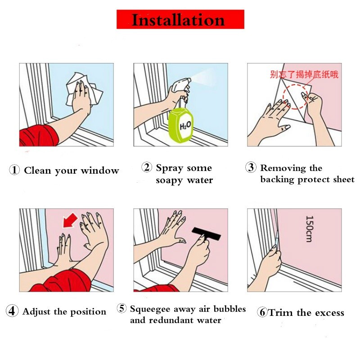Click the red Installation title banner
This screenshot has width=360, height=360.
coord(180,19)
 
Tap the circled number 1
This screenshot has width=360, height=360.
coord(14,170)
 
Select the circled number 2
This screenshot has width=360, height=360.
coord(147,167)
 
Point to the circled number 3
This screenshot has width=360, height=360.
coord(251,167)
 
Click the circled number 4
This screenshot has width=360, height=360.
coord(12,310)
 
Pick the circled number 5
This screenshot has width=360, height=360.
coord(121,308)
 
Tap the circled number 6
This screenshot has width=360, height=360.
coord(262,312)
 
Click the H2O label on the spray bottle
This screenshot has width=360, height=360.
coord(185,126)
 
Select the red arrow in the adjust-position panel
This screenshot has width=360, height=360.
coord(70,220)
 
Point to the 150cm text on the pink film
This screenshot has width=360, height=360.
coord(309,229)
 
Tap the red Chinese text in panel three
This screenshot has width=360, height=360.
coord(304,74)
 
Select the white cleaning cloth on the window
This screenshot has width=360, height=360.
coord(84,90)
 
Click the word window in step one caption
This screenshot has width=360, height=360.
coord(100,171)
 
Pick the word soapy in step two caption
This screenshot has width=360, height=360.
coord(170,181)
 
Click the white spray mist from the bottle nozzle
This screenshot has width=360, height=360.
coord(203,77)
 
